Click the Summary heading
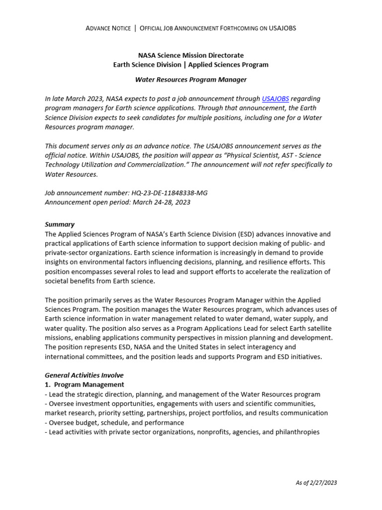point(60,225)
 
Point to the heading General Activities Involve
point(84,375)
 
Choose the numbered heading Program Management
point(89,384)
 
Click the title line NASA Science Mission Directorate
point(191,55)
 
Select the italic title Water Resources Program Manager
point(191,80)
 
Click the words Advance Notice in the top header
point(108,28)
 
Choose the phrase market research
point(68,413)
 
